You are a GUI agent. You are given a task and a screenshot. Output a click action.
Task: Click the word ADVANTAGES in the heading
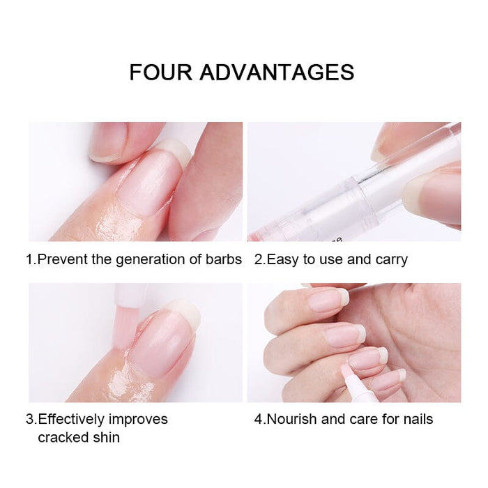tap(277, 73)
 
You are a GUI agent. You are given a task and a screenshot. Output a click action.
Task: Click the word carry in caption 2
tap(391, 260)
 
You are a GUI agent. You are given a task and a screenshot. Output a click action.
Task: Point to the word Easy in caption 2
tap(283, 260)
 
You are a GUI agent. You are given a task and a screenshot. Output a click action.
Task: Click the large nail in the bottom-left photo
tap(162, 342)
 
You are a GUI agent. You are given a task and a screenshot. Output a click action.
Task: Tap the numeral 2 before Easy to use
tap(258, 260)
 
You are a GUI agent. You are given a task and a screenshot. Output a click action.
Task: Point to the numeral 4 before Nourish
tap(258, 419)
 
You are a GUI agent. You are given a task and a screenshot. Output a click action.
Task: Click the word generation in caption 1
tap(153, 260)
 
